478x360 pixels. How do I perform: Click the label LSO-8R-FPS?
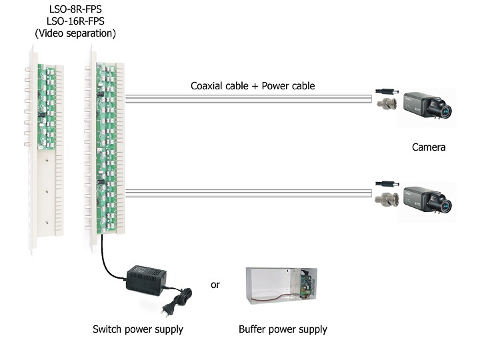point(75,8)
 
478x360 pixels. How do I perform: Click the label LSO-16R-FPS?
point(75,20)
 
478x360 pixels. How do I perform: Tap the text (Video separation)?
point(75,33)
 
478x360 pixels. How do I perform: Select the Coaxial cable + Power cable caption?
point(253,86)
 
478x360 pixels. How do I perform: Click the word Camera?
point(429,147)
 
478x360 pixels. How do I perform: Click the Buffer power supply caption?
point(283,329)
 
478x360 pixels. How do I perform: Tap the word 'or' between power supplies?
point(215,285)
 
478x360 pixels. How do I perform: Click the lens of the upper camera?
point(444,108)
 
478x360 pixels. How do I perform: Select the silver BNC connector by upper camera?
point(387,103)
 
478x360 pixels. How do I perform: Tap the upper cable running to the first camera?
point(247,99)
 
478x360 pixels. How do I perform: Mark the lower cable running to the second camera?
point(247,193)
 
